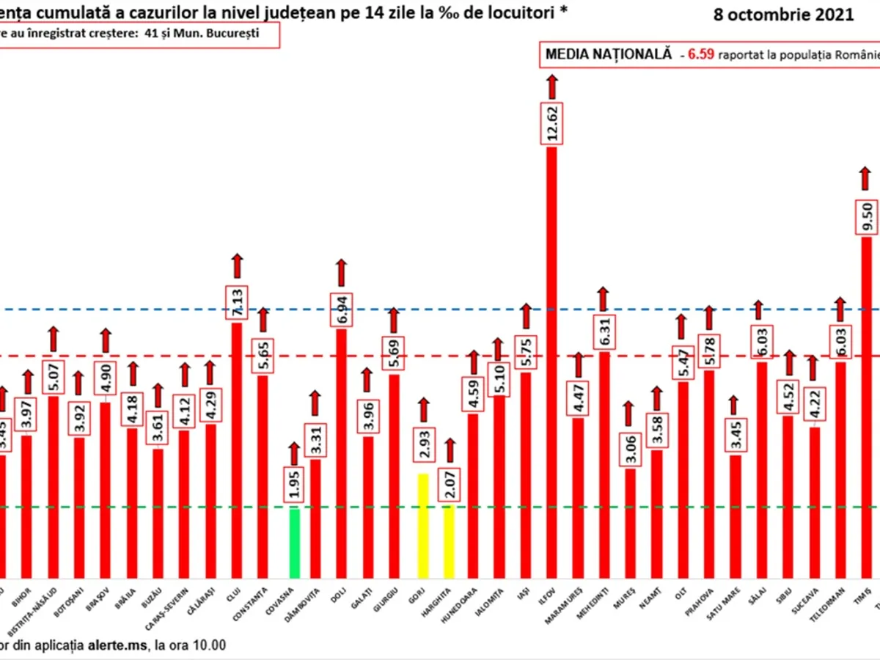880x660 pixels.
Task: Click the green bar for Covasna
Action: pos(295,543)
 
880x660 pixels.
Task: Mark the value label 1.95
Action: pos(295,485)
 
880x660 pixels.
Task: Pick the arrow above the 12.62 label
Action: pos(551,86)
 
